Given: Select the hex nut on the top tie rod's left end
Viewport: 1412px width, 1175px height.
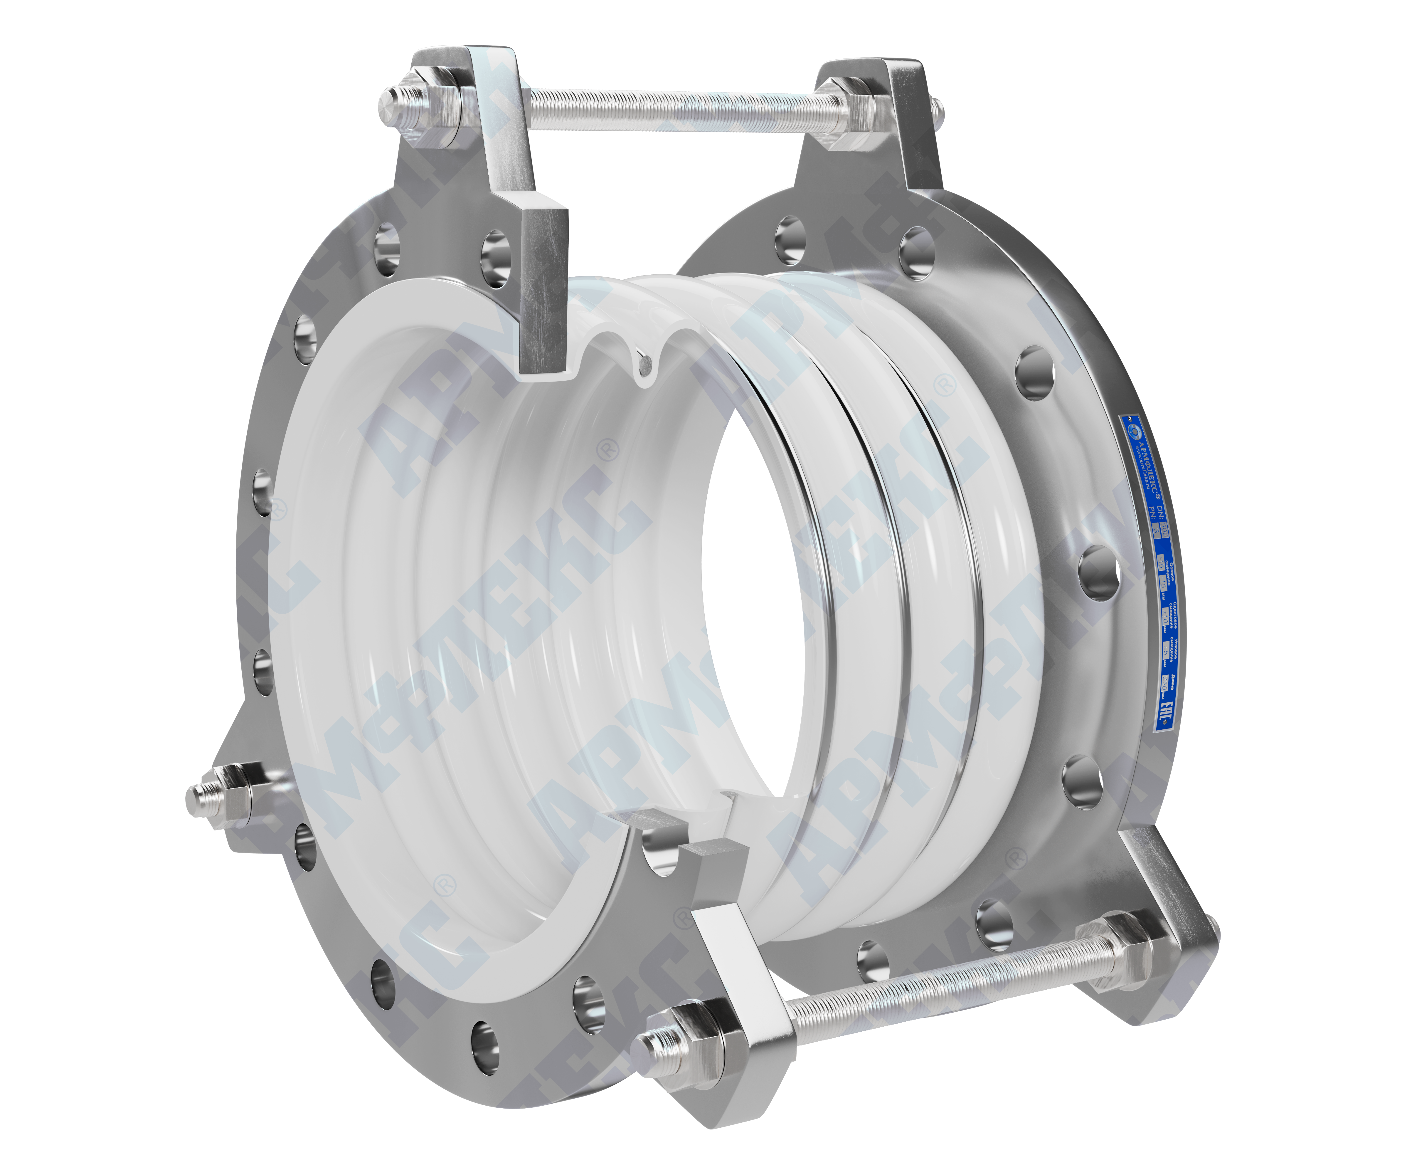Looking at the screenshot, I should click(x=430, y=108).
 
